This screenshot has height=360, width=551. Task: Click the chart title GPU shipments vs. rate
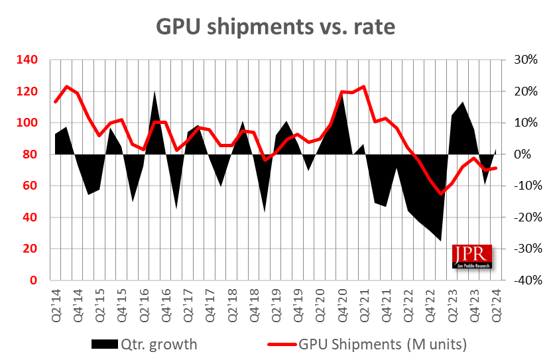[275, 27]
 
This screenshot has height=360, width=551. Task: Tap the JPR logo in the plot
[472, 257]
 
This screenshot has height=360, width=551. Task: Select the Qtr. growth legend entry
[144, 344]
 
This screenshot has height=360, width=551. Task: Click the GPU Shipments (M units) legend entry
[369, 344]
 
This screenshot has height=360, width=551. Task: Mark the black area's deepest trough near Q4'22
[441, 241]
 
